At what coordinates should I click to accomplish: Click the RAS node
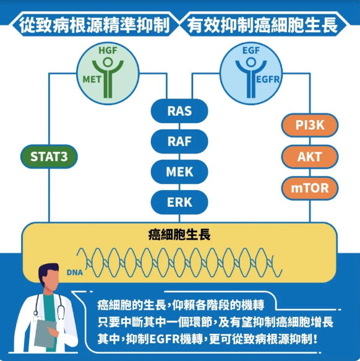(179, 111)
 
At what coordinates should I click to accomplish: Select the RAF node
(179, 141)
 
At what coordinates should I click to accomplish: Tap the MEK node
(179, 172)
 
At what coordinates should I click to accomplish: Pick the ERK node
(179, 202)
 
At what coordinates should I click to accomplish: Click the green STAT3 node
(49, 157)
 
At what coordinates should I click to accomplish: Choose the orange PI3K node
(310, 125)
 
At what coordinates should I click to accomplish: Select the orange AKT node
(310, 157)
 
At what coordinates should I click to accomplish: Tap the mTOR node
(310, 188)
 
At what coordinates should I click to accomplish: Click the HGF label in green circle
(108, 50)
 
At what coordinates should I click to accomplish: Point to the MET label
(92, 79)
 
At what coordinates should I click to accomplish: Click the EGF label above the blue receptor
(251, 50)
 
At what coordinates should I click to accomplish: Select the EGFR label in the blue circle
(268, 80)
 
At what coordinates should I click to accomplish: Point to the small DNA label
(75, 272)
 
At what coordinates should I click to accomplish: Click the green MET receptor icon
(108, 78)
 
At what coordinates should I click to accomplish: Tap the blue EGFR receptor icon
(251, 78)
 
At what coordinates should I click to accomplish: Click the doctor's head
(49, 277)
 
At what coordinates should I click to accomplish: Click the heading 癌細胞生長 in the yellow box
(179, 235)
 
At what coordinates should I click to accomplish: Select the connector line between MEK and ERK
(179, 187)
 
